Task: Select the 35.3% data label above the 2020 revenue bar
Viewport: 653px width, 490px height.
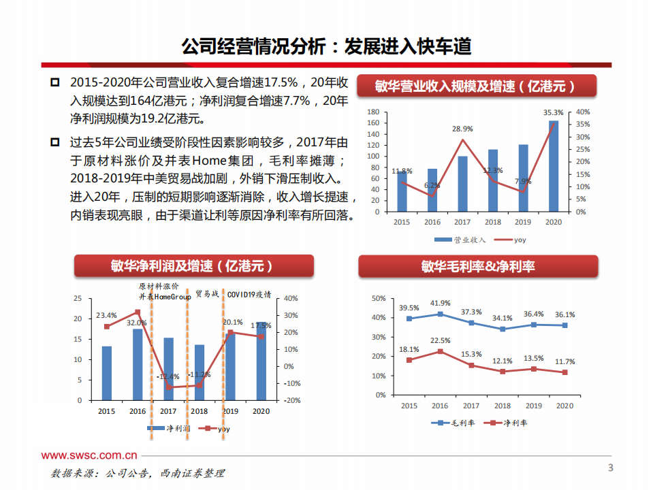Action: tap(554, 112)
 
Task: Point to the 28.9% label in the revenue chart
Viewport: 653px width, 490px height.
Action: tap(462, 129)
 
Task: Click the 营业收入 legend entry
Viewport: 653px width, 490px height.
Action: tap(461, 240)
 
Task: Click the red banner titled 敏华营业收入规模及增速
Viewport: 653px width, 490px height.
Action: tap(477, 86)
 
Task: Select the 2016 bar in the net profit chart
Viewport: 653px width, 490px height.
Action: tap(138, 365)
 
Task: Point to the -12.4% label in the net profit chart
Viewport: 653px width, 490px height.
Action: tap(168, 376)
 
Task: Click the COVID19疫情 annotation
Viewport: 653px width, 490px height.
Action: tap(249, 295)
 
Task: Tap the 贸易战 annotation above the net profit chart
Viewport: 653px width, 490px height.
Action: tap(207, 295)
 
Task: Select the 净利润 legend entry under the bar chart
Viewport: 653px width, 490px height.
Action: tap(168, 429)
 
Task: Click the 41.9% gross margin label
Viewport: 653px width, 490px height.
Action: tap(440, 303)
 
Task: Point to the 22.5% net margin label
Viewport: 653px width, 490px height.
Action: tap(440, 341)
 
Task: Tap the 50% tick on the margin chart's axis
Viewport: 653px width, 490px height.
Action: tap(379, 299)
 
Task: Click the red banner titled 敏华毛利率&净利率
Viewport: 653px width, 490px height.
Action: tap(478, 266)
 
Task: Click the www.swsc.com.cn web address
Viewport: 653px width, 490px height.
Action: tap(89, 455)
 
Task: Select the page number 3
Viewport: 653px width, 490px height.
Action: tap(610, 468)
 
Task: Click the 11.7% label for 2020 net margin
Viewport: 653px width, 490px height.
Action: tap(564, 361)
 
